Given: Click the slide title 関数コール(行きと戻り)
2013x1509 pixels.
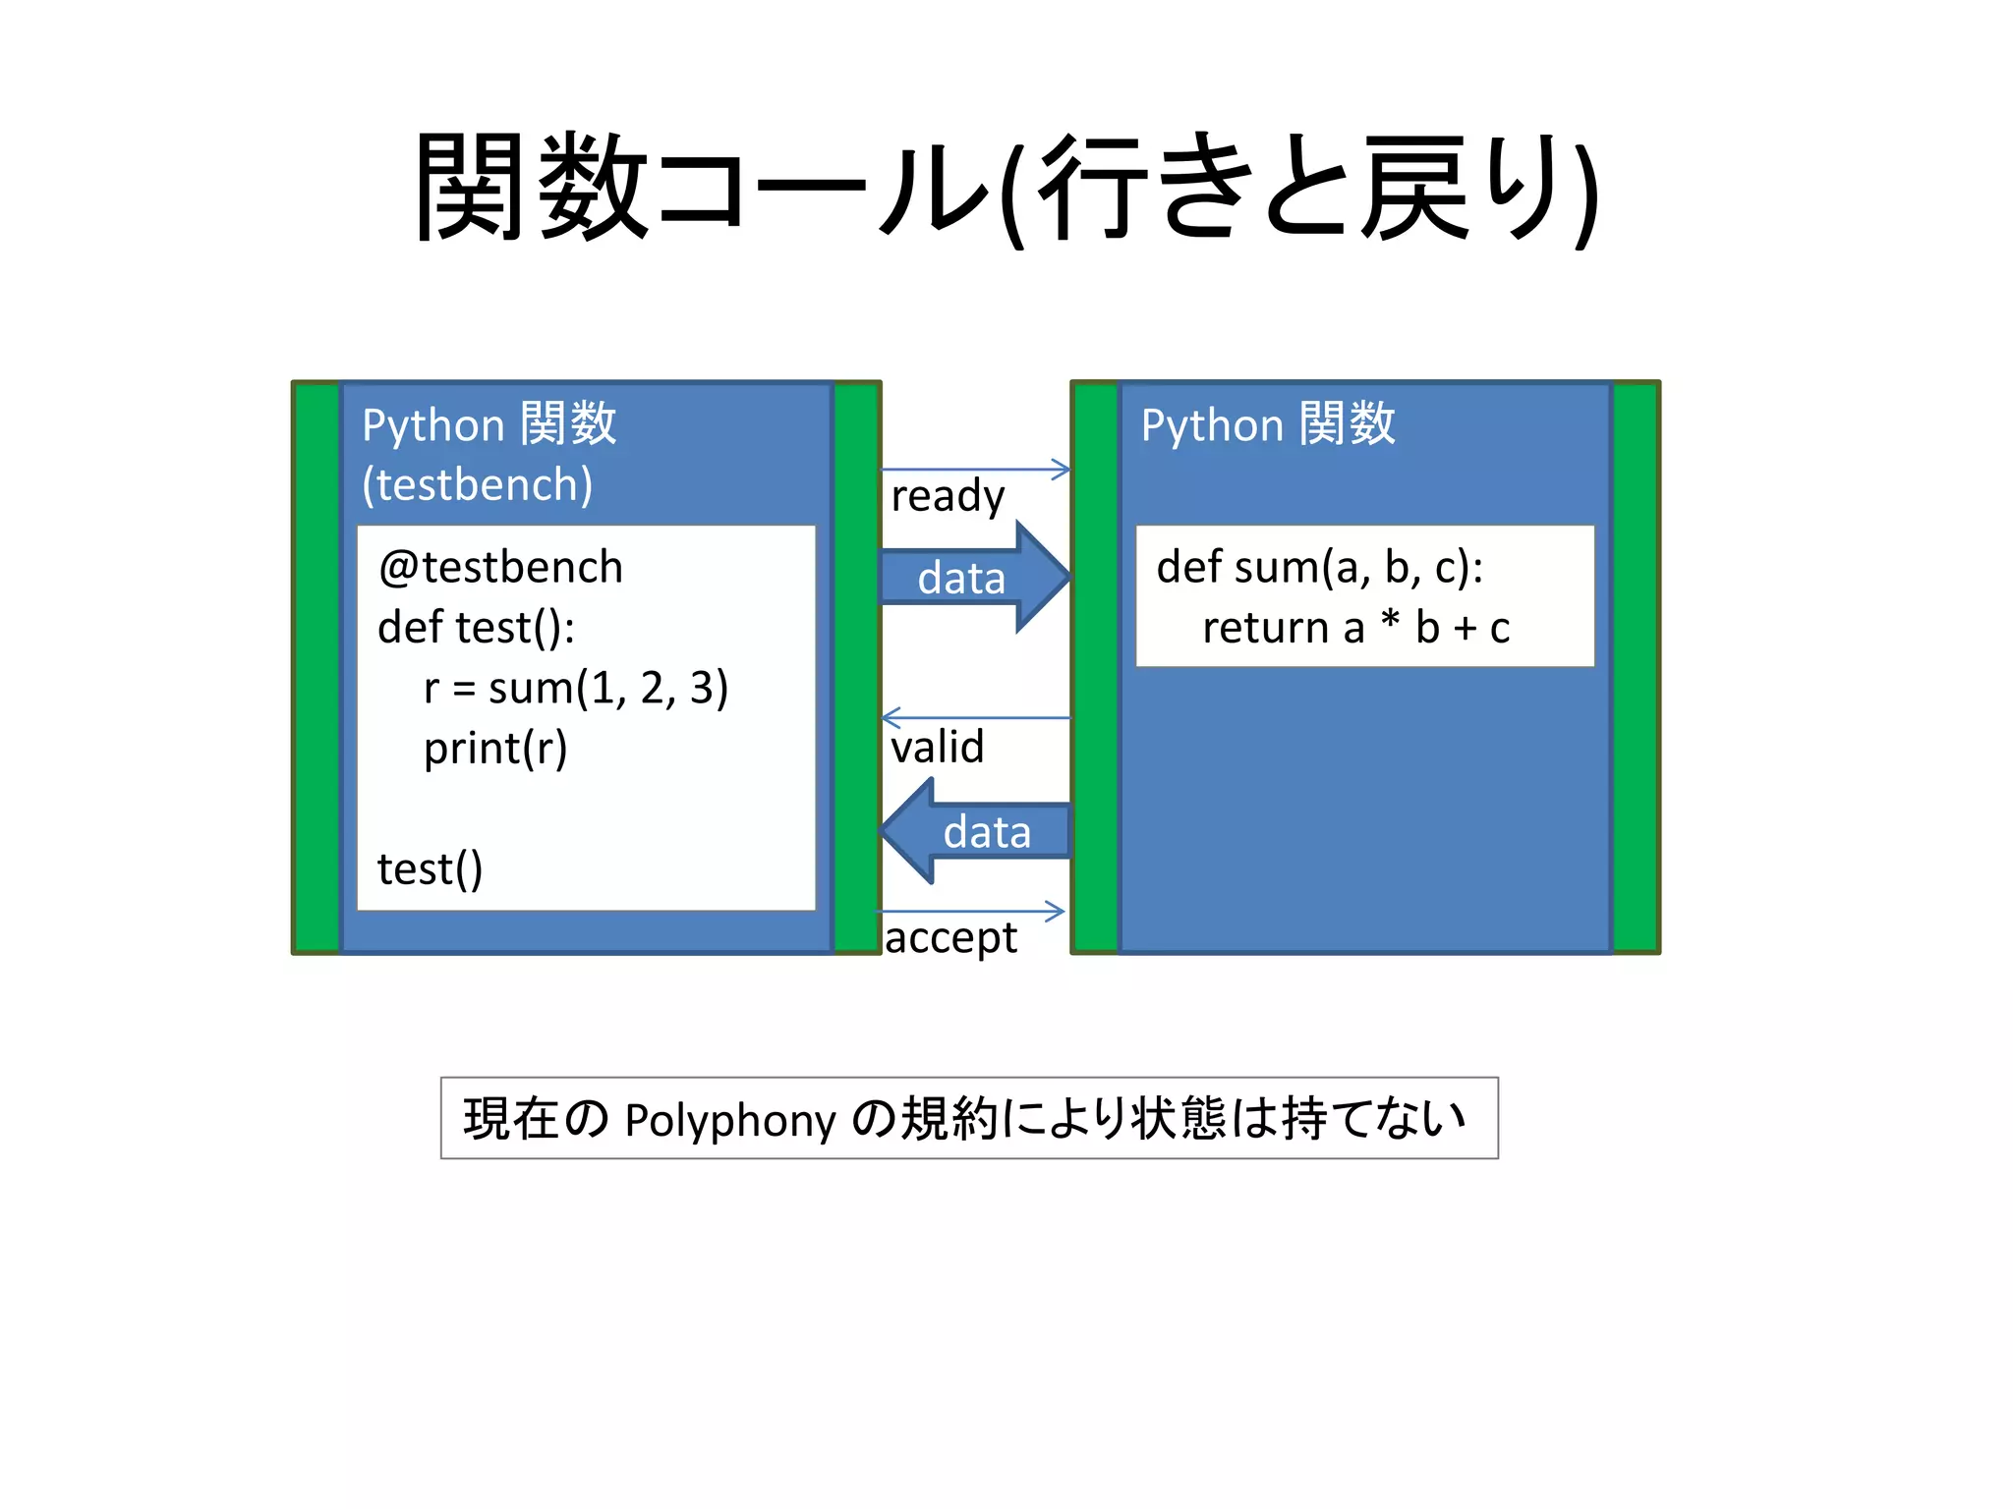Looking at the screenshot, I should pos(1006,187).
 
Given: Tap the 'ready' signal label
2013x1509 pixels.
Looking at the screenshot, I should pos(948,496).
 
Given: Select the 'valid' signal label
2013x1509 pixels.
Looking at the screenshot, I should pos(937,747).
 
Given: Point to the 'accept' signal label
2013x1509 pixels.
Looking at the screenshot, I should pos(950,937).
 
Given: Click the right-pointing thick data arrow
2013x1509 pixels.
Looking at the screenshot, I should pos(973,577).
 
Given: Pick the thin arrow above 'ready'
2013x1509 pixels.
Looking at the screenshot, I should pos(975,470).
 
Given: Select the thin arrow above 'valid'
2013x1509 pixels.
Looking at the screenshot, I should pos(975,718).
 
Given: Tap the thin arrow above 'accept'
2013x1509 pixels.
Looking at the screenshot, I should pos(971,912).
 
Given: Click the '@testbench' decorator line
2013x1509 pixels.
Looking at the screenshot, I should pos(500,568).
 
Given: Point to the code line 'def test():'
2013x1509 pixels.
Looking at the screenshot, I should pos(476,628).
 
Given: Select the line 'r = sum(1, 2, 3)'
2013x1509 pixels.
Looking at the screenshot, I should pos(576,688).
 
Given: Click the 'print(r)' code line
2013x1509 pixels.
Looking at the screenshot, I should pos(495,749).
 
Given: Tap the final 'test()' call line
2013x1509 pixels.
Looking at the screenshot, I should pos(430,869).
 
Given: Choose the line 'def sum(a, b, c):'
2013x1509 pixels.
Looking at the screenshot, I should pos(1319,568).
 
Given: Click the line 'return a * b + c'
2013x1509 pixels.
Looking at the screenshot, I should pos(1355,628).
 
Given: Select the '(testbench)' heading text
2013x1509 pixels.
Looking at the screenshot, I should pos(477,484).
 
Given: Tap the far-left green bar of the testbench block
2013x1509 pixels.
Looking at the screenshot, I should pos(316,667).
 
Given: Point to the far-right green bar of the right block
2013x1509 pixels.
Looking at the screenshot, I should pos(1636,667).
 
